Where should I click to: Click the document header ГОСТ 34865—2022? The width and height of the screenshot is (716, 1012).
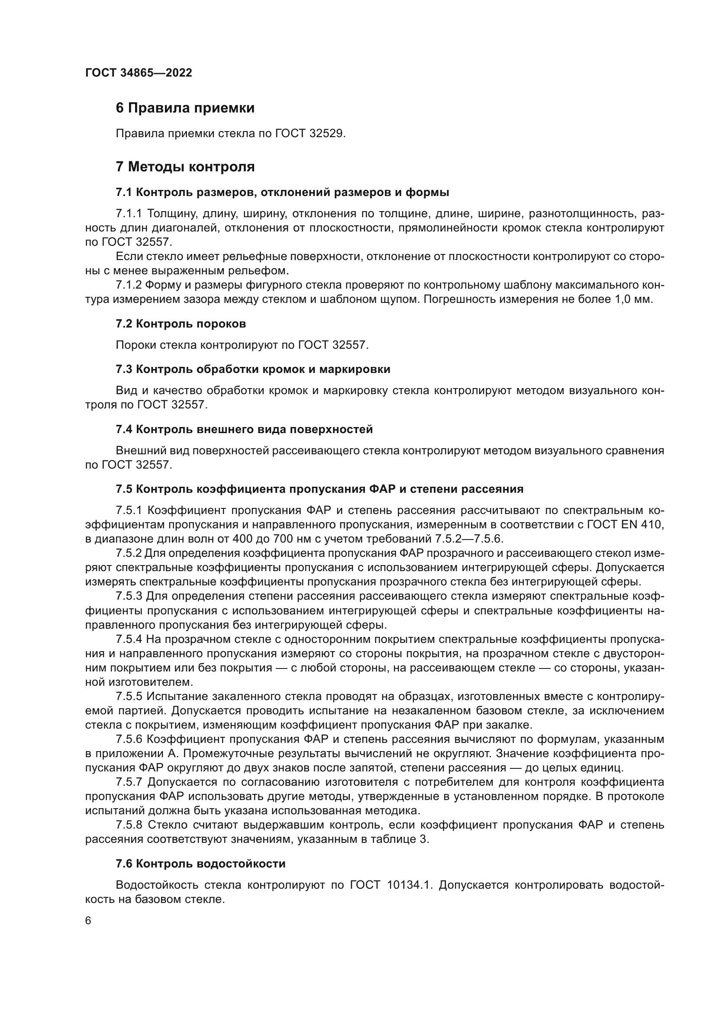pos(139,73)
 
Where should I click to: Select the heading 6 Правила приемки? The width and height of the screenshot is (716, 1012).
pos(185,108)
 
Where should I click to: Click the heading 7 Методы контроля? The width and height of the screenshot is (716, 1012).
pos(185,167)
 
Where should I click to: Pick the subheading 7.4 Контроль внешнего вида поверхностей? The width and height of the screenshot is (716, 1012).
pos(244,429)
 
